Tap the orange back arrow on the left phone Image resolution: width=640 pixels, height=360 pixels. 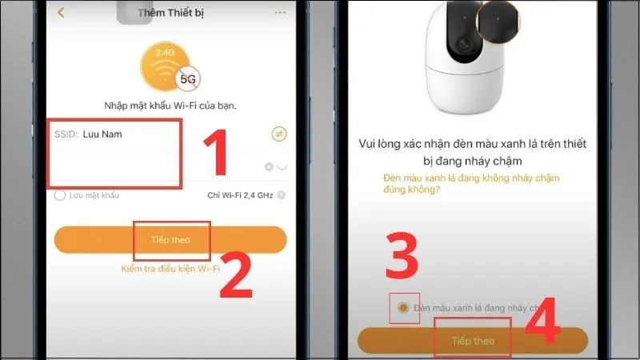[x=61, y=13]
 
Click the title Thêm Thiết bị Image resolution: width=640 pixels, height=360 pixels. [x=170, y=13]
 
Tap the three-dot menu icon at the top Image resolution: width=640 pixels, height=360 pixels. [x=279, y=13]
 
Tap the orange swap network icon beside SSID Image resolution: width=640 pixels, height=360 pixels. [x=279, y=134]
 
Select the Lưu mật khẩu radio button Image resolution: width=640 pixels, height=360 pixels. [x=59, y=195]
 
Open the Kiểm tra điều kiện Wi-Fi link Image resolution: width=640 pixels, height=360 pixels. [x=170, y=270]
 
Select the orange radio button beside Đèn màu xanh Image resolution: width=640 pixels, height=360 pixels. [x=403, y=308]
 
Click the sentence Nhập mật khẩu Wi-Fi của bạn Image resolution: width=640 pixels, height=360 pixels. [x=170, y=106]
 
